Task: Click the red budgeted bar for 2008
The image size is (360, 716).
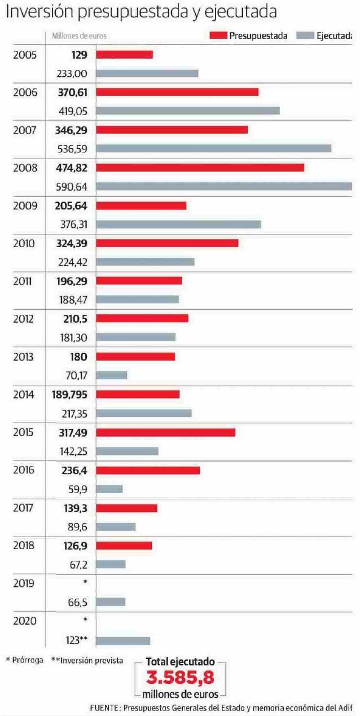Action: (200, 168)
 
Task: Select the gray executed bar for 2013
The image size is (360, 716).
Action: (112, 375)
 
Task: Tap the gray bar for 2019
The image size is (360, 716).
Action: (111, 601)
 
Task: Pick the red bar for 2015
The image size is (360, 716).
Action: (165, 432)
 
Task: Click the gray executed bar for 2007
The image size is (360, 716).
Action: (213, 148)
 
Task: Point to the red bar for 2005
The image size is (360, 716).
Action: (124, 54)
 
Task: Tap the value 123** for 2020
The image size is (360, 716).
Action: (76, 640)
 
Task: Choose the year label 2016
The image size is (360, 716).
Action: (25, 470)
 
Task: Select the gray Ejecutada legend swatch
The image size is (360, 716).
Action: (305, 36)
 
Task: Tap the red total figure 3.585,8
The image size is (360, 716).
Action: (180, 678)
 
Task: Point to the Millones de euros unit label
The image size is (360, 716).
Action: (79, 36)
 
